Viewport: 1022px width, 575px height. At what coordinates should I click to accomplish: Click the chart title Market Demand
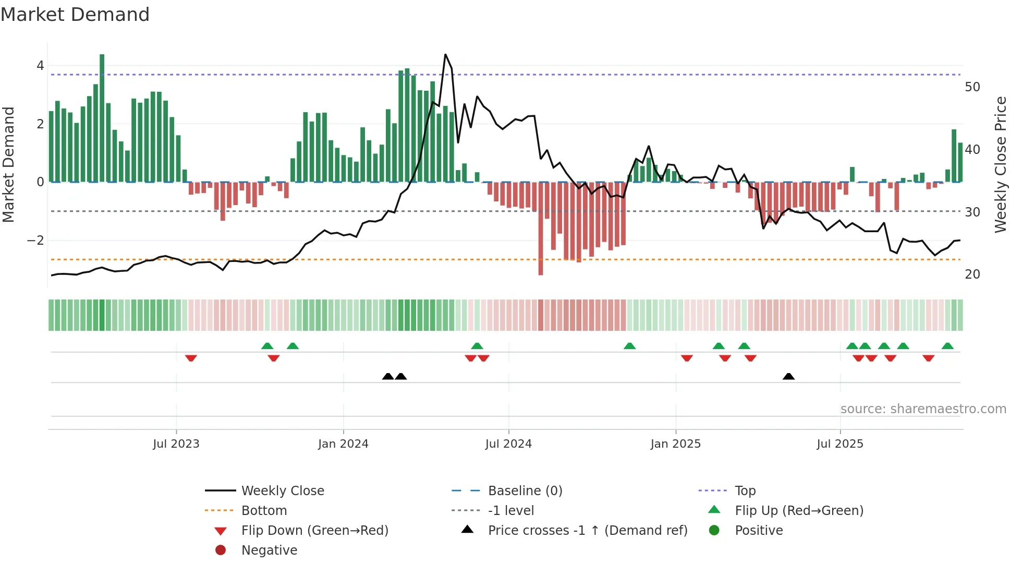pos(75,15)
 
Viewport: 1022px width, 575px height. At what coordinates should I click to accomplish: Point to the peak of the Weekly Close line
pos(445,55)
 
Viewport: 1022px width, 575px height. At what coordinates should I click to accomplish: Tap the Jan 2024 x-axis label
pos(343,444)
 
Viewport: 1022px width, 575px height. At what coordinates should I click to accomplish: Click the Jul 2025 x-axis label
pos(839,444)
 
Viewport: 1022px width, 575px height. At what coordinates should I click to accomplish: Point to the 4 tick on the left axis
pos(40,66)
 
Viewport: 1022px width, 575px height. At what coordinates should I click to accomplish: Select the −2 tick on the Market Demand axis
pos(35,241)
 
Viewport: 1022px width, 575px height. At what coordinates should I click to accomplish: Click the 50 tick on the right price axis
pos(972,87)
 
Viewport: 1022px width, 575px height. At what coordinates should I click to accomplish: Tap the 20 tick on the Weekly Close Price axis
pos(972,274)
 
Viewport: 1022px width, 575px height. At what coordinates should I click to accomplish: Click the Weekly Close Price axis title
pos(1000,164)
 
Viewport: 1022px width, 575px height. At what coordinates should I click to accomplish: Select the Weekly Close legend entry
pos(282,491)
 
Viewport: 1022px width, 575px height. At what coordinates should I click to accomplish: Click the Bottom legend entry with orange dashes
pos(264,511)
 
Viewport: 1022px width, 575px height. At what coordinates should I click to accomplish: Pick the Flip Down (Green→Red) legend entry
pos(314,531)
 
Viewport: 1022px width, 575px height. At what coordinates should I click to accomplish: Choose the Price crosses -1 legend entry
pos(587,531)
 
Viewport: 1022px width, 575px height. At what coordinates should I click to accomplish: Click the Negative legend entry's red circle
pos(221,550)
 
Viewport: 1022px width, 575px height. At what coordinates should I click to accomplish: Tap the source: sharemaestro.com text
pos(923,409)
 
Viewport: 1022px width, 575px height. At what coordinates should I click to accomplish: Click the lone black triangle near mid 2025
pos(788,377)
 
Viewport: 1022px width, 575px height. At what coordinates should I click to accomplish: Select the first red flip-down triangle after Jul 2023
pos(191,358)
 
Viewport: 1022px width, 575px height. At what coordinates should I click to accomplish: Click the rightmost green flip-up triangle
pos(947,346)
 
